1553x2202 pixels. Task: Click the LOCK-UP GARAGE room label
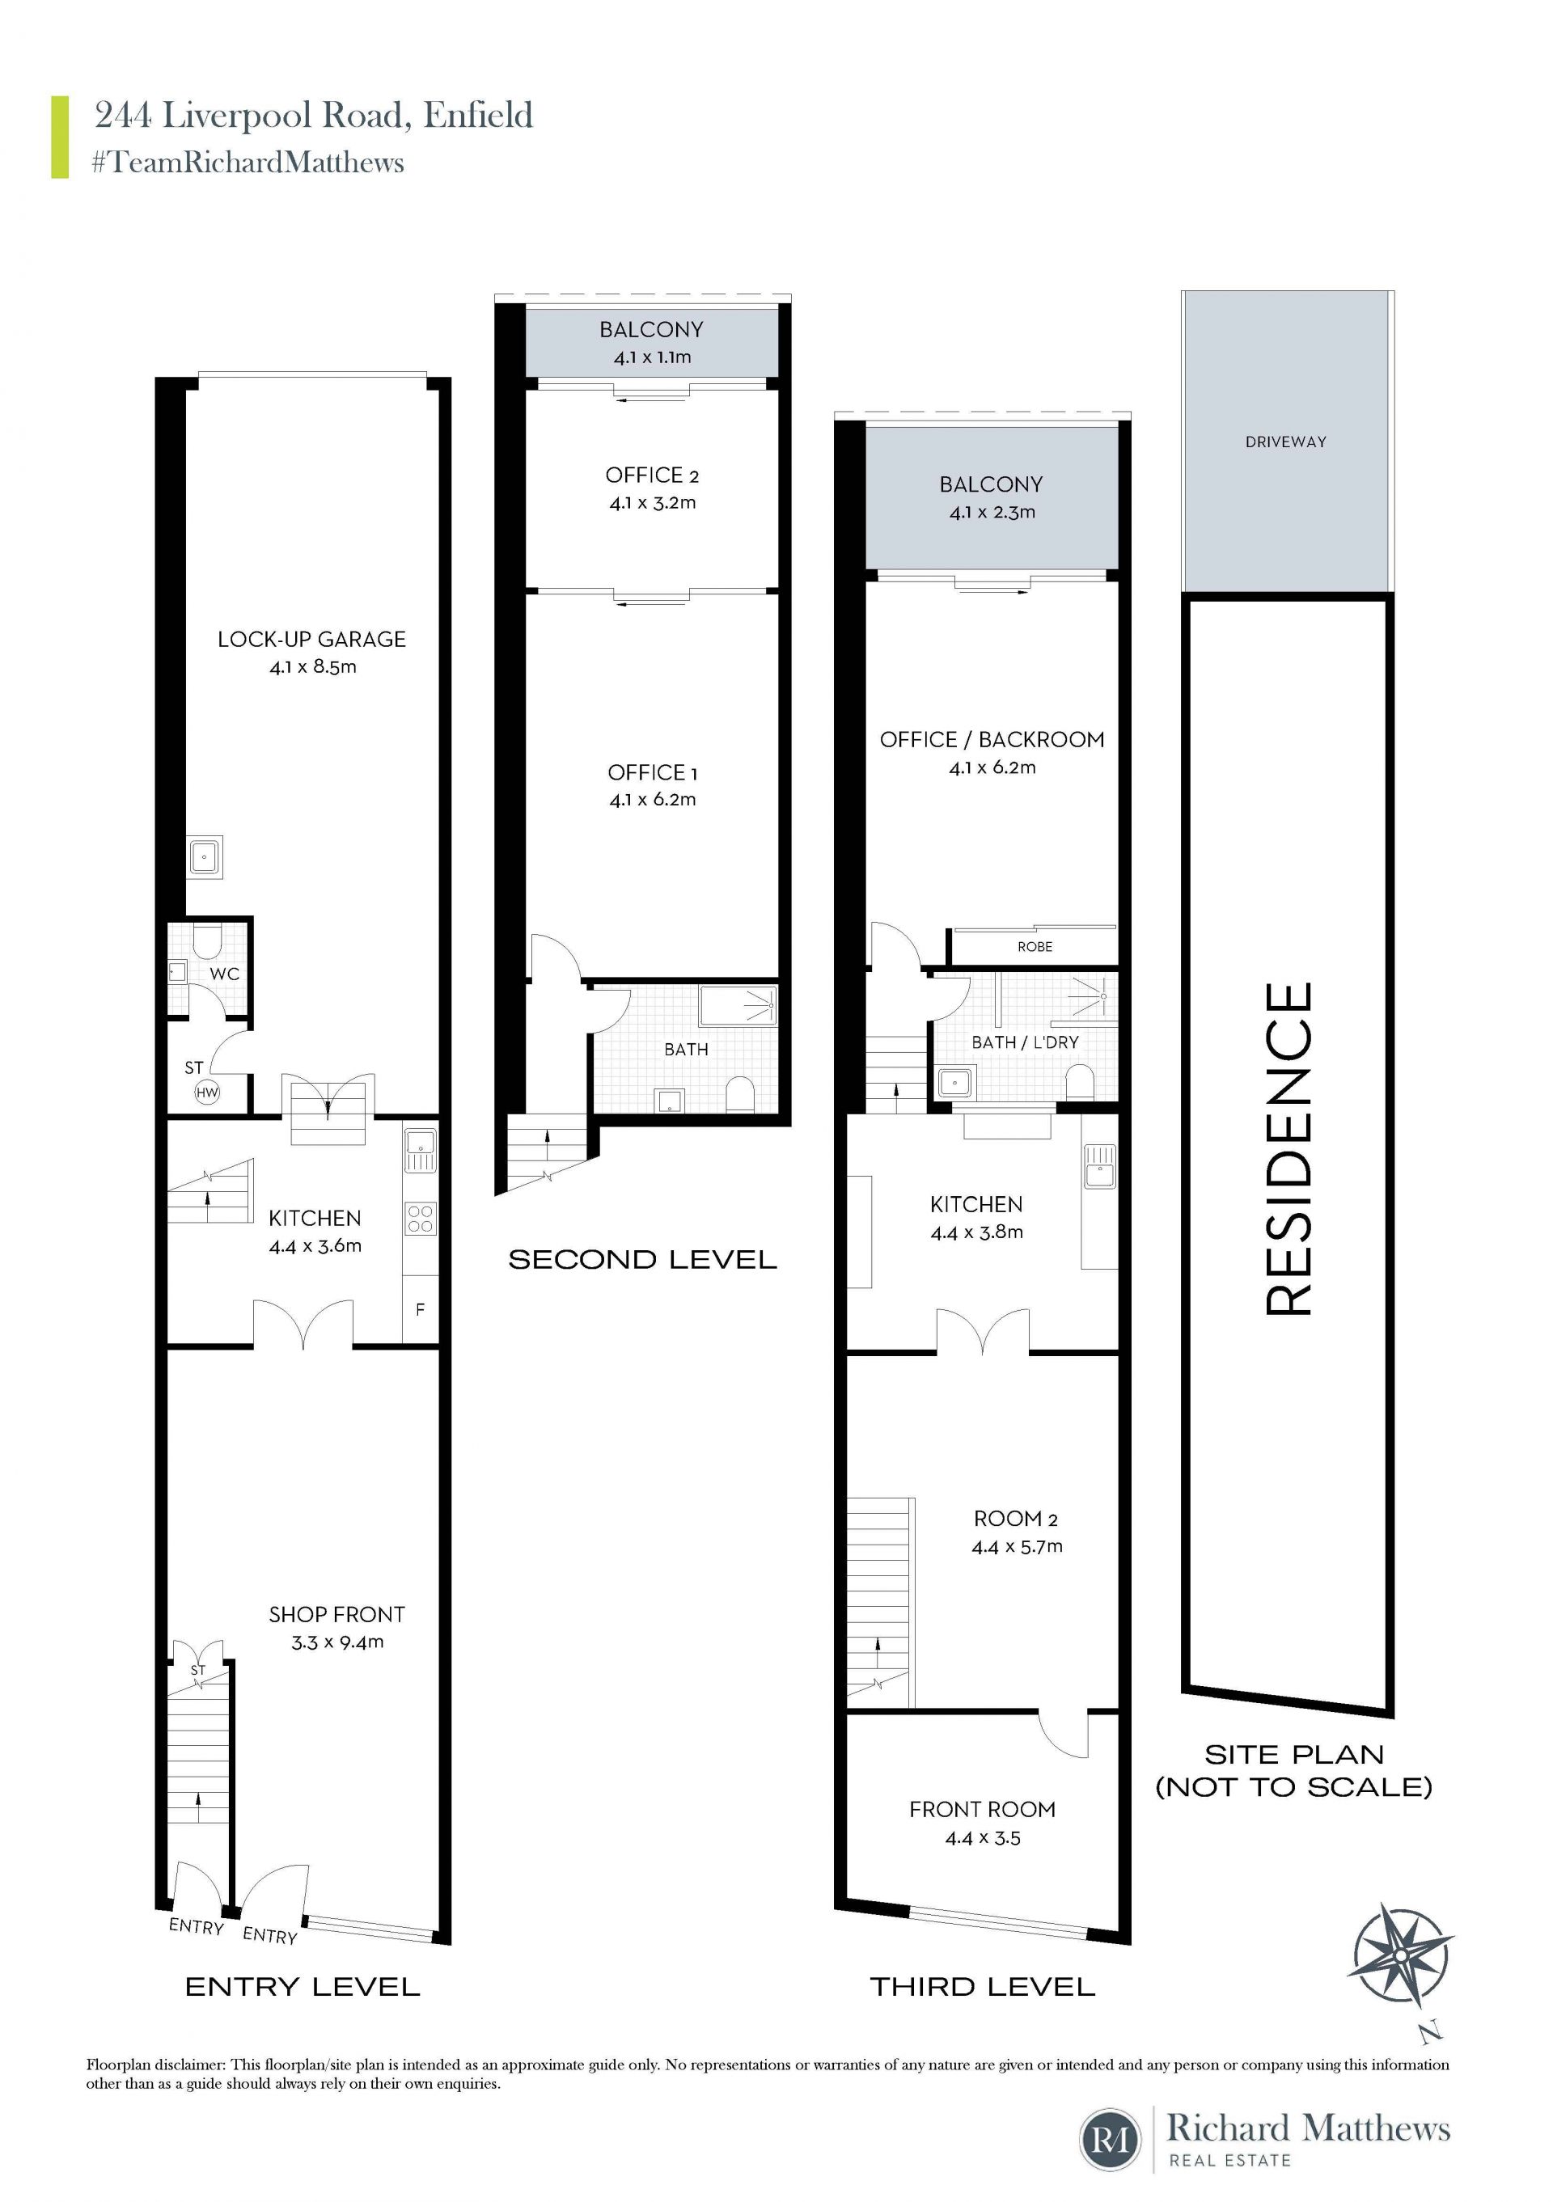point(311,640)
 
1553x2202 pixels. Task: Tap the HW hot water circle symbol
point(207,1092)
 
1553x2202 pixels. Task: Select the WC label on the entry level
point(225,974)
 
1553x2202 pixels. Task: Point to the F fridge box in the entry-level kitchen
point(420,1309)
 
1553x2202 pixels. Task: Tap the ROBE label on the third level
point(1035,947)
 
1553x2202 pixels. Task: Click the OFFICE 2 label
point(652,475)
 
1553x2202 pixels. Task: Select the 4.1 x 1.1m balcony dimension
point(652,357)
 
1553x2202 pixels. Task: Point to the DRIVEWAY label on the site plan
point(1285,442)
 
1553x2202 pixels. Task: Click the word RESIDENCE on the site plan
point(1289,1149)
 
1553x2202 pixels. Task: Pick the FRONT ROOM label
point(982,1810)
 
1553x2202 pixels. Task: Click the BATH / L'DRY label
point(1026,1042)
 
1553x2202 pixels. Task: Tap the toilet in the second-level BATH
point(739,1095)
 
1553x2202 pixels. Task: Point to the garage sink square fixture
point(205,856)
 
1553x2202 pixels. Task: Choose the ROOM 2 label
point(1016,1519)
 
